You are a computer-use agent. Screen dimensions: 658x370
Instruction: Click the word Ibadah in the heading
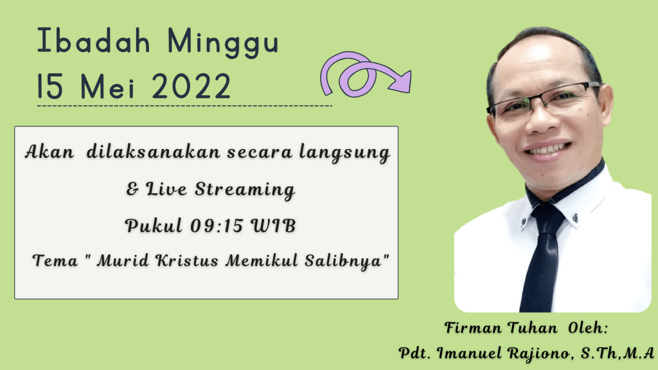pos(94,40)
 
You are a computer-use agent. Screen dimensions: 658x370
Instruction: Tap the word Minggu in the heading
pos(223,43)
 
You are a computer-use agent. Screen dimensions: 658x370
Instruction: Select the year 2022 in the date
pos(191,86)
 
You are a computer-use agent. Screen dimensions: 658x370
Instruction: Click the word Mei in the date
pos(107,87)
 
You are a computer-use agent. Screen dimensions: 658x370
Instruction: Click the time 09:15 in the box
pos(217,225)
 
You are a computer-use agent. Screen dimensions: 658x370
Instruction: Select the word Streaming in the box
pos(245,189)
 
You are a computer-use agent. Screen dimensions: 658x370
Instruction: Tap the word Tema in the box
pos(55,261)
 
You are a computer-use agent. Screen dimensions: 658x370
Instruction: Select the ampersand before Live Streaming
pos(132,189)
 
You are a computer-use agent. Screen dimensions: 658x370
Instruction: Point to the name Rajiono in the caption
pos(540,353)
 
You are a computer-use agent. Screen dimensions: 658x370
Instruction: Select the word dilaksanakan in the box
pos(154,152)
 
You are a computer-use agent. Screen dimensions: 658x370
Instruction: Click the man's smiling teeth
pos(547,149)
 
